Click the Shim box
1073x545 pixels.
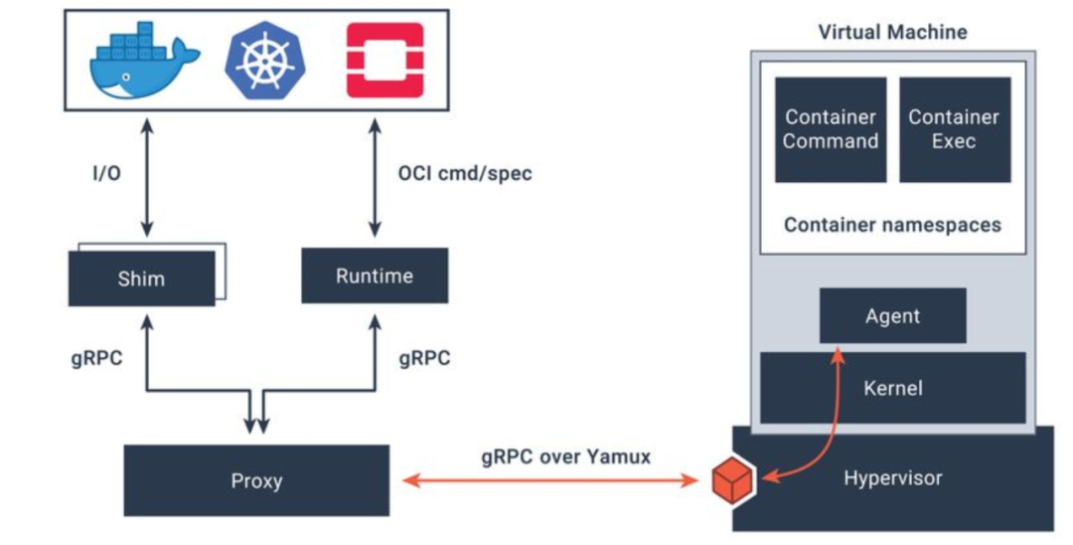click(x=141, y=277)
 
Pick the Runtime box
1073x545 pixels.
click(x=374, y=275)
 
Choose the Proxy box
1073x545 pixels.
click(x=256, y=480)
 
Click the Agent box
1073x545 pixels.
click(x=892, y=316)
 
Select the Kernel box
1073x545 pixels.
click(x=892, y=387)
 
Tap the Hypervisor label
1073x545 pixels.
click(x=892, y=478)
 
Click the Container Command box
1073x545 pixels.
click(x=831, y=129)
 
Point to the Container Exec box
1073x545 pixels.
click(x=954, y=129)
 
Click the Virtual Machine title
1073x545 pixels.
click(x=892, y=31)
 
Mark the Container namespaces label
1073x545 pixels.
click(x=892, y=225)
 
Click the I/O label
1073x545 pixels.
click(x=105, y=174)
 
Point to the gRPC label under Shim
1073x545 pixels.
click(x=95, y=359)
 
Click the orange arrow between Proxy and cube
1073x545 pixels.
click(x=551, y=481)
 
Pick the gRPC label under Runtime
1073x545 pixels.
click(x=424, y=359)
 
